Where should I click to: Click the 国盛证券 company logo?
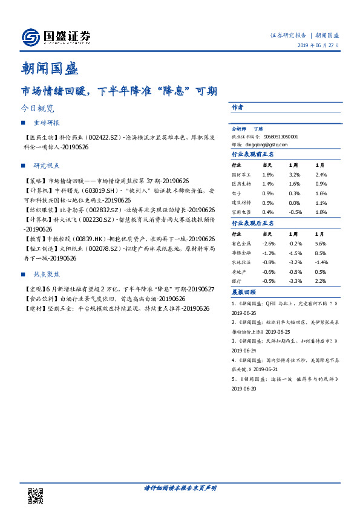click(x=56, y=37)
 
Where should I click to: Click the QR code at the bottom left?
click(x=34, y=496)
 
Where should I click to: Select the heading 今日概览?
click(x=37, y=109)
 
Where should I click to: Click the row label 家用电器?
click(x=241, y=212)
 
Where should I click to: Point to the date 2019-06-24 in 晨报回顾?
click(x=244, y=350)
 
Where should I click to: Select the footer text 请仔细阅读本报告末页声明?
click(x=180, y=488)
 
